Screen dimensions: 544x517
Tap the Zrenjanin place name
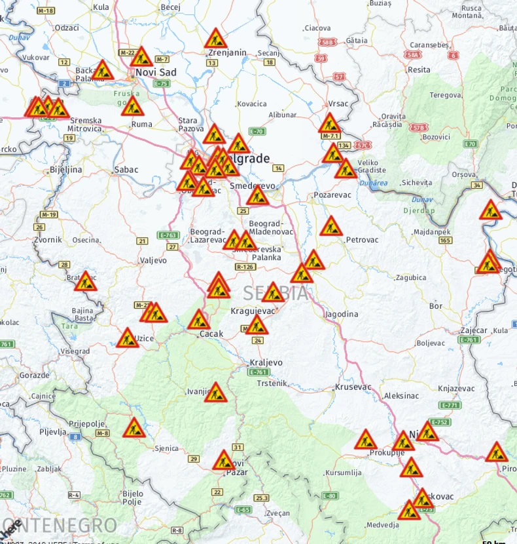228,52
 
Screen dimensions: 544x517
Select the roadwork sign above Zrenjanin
215,39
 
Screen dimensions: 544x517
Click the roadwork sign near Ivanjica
215,393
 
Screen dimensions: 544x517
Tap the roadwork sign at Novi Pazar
223,460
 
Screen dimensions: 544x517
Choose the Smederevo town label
253,186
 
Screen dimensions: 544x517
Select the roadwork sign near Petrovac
331,227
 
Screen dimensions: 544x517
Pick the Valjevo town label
154,260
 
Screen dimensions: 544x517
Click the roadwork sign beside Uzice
128,338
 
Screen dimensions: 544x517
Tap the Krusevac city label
353,387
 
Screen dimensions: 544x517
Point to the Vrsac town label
338,104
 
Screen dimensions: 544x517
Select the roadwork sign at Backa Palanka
102,69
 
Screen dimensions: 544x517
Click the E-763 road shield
168,235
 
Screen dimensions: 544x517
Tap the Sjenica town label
166,448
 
